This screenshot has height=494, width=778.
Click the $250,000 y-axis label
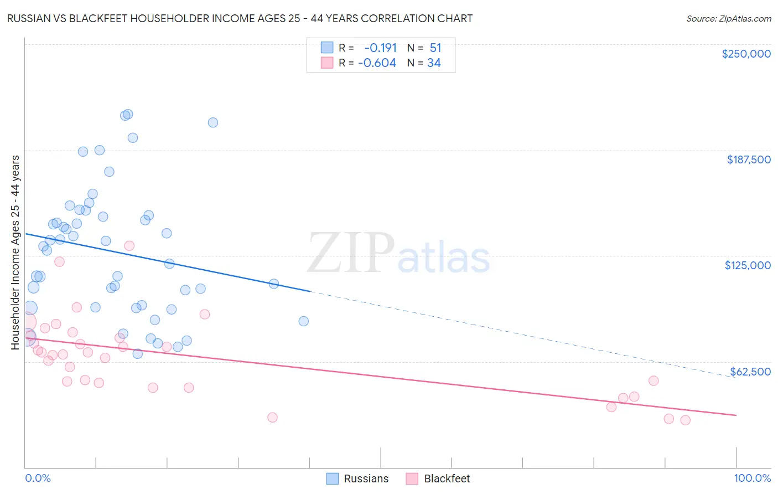[x=746, y=54]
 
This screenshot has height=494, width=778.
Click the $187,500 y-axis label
[x=748, y=159]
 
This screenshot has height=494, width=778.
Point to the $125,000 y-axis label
[x=748, y=265]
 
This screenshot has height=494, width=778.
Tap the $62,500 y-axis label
[x=750, y=372]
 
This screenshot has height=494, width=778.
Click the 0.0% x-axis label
[x=38, y=478]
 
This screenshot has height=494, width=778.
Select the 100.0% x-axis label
[x=753, y=478]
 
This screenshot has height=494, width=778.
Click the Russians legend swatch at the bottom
[x=333, y=478]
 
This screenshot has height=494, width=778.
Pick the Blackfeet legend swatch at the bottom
[x=412, y=478]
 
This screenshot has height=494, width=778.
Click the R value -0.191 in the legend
[x=380, y=48]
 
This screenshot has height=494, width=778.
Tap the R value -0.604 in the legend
[x=377, y=63]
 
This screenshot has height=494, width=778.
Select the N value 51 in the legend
[x=435, y=48]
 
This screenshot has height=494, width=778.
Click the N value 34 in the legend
[x=434, y=63]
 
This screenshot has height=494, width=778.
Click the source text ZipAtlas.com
[x=729, y=19]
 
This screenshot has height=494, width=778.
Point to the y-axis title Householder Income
[x=15, y=252]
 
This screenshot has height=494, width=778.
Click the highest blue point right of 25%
[x=213, y=122]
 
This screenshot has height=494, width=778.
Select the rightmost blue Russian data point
[x=303, y=321]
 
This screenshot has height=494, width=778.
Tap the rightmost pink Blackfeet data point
[x=686, y=420]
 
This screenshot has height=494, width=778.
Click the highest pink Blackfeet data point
[x=129, y=245]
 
